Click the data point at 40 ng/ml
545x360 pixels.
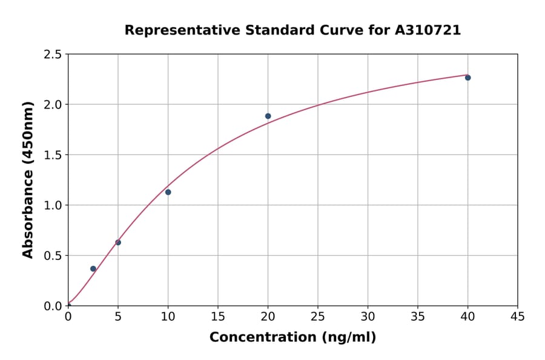pyautogui.click(x=467, y=78)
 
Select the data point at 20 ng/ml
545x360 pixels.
pyautogui.click(x=268, y=116)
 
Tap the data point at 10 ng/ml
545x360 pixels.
pyautogui.click(x=168, y=192)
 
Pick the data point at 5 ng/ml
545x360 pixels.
pyautogui.click(x=118, y=242)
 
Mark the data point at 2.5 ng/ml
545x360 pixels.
pyautogui.click(x=93, y=268)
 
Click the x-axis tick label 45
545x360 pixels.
pyautogui.click(x=517, y=316)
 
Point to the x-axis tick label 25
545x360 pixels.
pyautogui.click(x=317, y=316)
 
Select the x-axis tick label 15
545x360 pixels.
pyautogui.click(x=217, y=316)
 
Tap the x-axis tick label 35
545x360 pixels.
pyautogui.click(x=417, y=316)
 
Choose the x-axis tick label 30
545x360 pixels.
pyautogui.click(x=368, y=316)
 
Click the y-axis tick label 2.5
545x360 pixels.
pyautogui.click(x=53, y=55)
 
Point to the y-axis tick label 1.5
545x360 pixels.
pyautogui.click(x=53, y=155)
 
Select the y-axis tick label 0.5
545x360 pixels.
pyautogui.click(x=53, y=256)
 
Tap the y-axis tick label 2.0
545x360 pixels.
pyautogui.click(x=53, y=105)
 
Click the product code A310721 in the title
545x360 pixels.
pyautogui.click(x=428, y=30)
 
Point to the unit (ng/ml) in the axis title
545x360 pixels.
pyautogui.click(x=348, y=338)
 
